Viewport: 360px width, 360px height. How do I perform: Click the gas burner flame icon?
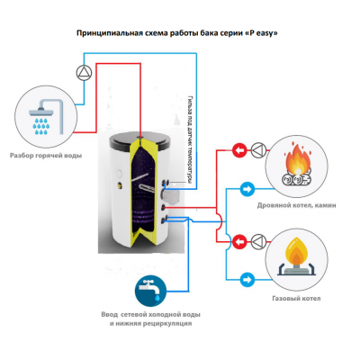coord(298,253)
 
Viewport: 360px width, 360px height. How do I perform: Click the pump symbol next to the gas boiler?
coord(257,238)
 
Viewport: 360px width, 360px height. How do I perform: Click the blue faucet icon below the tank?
coord(145,289)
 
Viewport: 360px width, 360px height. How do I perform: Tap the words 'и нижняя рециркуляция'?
coord(148,322)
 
